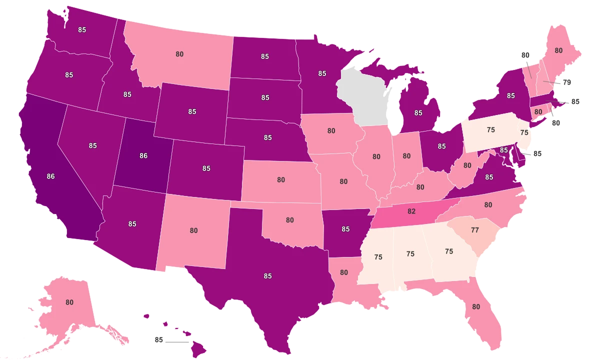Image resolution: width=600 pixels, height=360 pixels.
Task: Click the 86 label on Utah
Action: click(x=143, y=156)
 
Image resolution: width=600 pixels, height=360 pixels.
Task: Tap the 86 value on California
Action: click(x=50, y=176)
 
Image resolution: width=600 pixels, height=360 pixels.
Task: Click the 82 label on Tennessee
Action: click(x=411, y=211)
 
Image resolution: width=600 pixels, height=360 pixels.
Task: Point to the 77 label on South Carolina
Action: click(x=474, y=230)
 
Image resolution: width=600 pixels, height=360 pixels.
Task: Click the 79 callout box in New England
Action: click(x=566, y=82)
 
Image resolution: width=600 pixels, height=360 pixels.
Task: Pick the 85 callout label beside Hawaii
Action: click(x=159, y=340)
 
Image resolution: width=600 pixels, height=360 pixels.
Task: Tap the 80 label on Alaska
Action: click(x=69, y=302)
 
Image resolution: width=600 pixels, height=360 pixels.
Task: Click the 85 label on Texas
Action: click(x=267, y=275)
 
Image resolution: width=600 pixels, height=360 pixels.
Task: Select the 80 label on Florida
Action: click(x=476, y=306)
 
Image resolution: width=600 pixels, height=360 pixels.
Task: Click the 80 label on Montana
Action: click(x=179, y=54)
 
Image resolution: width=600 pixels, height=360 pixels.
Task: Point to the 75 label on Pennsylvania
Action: click(x=490, y=129)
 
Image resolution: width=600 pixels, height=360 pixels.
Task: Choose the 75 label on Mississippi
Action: click(x=378, y=256)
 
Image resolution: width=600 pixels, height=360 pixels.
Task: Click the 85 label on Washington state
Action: click(x=82, y=29)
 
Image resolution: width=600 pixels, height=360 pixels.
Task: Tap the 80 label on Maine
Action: click(x=558, y=50)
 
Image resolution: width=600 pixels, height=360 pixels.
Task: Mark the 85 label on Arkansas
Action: click(x=345, y=229)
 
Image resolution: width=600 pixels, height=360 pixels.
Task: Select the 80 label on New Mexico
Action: click(x=193, y=230)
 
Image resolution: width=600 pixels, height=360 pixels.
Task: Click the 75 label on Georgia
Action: click(x=448, y=251)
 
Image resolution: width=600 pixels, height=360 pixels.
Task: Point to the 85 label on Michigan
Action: click(x=418, y=113)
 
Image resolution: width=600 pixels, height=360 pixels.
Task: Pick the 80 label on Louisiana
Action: click(x=344, y=272)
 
